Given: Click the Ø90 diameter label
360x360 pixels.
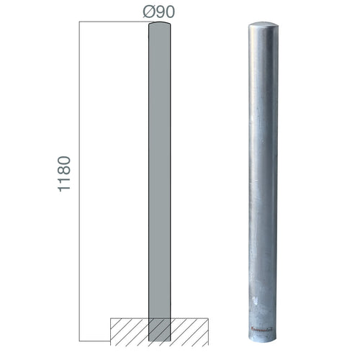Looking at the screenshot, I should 159,12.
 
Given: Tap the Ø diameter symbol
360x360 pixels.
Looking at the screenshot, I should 147,12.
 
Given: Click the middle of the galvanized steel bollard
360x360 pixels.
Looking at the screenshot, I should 262,180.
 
